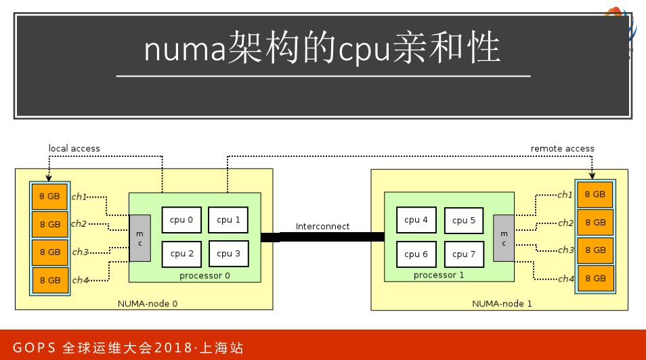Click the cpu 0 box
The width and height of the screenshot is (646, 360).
181,219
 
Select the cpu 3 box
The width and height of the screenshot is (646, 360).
229,254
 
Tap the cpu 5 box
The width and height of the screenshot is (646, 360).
464,220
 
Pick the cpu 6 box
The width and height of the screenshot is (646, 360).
416,254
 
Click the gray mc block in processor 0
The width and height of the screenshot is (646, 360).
140,238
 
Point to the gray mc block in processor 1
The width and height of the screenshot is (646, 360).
503,238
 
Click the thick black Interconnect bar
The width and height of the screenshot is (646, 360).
322,237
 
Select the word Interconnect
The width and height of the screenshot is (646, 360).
323,226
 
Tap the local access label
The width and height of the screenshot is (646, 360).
74,148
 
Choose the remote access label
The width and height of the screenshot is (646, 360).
562,148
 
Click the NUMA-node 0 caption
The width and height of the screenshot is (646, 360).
148,303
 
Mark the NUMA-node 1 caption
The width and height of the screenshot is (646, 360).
502,303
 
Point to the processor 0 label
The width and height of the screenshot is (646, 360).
204,276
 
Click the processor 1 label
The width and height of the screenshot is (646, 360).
439,275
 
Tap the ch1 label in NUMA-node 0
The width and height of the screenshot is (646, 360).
80,196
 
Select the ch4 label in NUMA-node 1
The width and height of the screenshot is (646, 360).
565,278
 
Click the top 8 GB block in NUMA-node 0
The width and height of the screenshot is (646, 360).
50,196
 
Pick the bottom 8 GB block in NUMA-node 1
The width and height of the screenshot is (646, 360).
595,278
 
